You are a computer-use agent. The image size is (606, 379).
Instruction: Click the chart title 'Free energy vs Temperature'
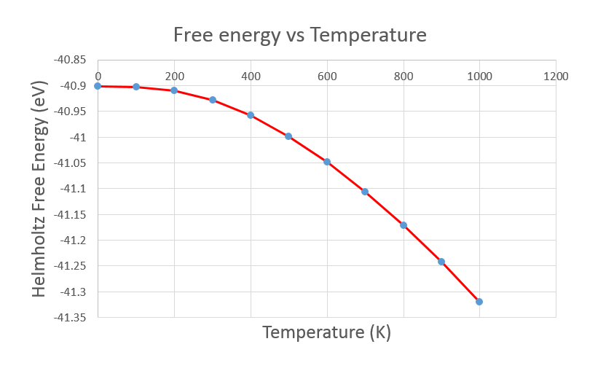(x=299, y=34)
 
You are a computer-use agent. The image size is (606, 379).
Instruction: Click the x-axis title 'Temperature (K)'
(x=326, y=333)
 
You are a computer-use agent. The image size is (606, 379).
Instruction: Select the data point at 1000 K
(x=479, y=302)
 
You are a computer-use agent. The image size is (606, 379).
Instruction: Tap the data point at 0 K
(x=98, y=86)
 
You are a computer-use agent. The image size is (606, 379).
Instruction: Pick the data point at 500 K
(x=288, y=136)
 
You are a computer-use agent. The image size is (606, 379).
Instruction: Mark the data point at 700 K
(x=365, y=192)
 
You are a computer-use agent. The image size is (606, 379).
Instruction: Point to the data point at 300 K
(x=213, y=100)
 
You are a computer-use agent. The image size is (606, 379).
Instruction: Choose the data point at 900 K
(x=441, y=262)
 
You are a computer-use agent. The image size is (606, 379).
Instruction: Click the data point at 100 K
(x=136, y=87)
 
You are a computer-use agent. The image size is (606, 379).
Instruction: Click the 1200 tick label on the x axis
(x=556, y=75)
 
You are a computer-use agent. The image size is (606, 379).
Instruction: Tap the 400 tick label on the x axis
(x=251, y=75)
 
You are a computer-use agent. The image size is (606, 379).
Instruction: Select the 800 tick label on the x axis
(x=403, y=75)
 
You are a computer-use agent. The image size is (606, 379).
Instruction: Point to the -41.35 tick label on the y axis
(x=71, y=318)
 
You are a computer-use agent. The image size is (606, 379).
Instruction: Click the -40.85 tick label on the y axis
(x=71, y=60)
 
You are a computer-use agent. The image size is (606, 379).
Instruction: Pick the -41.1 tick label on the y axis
(x=74, y=189)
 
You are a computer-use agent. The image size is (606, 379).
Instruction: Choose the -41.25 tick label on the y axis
(x=71, y=266)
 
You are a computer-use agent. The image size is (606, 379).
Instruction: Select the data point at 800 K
(x=403, y=225)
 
